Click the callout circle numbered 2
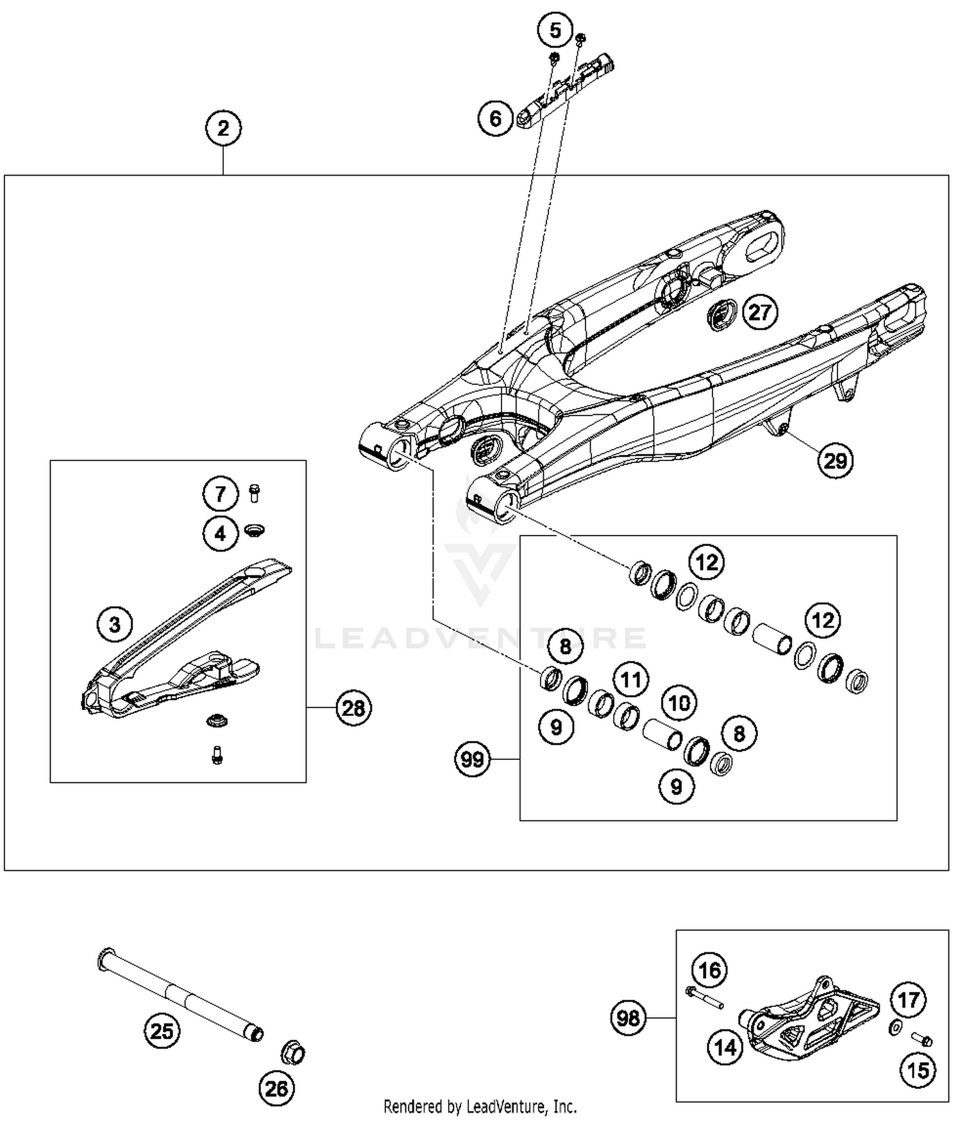click(223, 128)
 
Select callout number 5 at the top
click(555, 30)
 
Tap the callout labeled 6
click(495, 119)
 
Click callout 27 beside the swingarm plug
click(760, 312)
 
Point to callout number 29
click(835, 460)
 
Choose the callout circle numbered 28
click(353, 708)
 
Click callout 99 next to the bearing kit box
click(473, 760)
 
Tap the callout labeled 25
click(162, 1031)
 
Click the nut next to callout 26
click(294, 1053)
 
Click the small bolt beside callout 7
click(254, 493)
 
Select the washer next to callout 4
click(255, 530)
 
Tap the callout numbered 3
click(115, 624)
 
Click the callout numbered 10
click(679, 704)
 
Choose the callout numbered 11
click(631, 680)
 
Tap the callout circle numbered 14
click(725, 1048)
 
